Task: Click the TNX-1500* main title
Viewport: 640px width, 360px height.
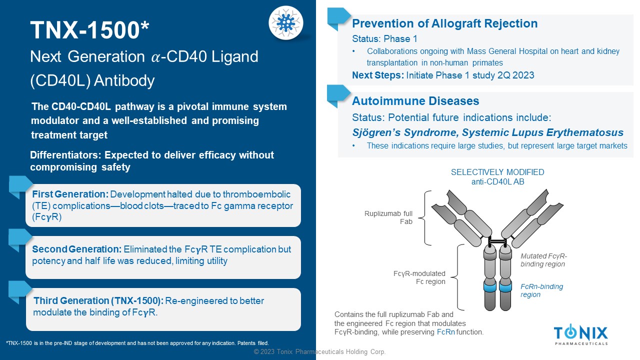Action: [x=89, y=30]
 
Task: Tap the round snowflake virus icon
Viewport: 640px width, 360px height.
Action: [x=285, y=23]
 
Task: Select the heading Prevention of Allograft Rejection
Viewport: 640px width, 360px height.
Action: [x=444, y=23]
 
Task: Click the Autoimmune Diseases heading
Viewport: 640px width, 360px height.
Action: [x=415, y=101]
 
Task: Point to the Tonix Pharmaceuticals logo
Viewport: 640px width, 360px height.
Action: [x=581, y=334]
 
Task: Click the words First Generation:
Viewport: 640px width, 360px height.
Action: [x=70, y=194]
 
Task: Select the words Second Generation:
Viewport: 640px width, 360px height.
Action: [x=77, y=249]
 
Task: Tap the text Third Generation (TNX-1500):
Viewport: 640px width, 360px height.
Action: [x=98, y=300]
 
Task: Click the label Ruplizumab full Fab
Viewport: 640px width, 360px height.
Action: [x=388, y=217]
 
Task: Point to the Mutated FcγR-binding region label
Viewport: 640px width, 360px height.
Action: [x=543, y=259]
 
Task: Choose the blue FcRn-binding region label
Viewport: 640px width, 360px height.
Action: [x=541, y=290]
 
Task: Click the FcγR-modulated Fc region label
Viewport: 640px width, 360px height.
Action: [x=419, y=277]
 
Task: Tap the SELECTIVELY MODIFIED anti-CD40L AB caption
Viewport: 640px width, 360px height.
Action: [x=497, y=177]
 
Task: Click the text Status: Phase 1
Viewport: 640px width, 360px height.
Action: [x=384, y=38]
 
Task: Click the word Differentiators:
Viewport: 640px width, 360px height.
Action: [x=65, y=155]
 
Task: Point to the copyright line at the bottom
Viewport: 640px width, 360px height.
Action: [x=319, y=351]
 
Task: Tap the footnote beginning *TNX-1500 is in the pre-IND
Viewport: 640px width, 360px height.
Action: [x=137, y=343]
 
